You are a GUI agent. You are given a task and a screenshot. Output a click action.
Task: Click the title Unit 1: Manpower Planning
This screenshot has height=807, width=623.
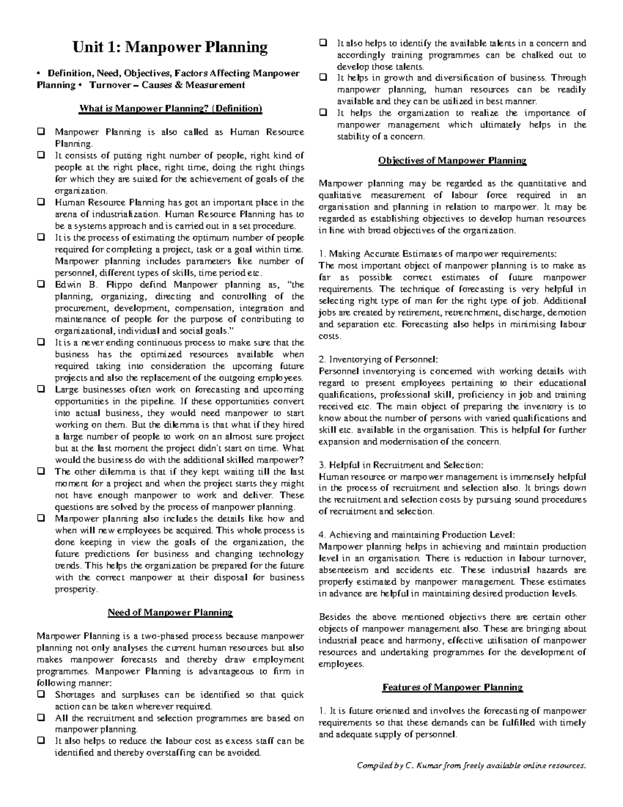click(x=170, y=48)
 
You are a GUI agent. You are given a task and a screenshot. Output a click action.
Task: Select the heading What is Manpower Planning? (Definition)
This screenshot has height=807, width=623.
click(x=170, y=109)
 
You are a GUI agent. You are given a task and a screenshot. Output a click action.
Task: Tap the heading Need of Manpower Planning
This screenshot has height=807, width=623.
click(x=170, y=612)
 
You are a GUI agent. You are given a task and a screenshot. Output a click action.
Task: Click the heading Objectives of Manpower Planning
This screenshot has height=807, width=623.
click(x=452, y=161)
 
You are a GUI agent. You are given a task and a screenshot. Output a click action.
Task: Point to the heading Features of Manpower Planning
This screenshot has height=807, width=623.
click(x=452, y=687)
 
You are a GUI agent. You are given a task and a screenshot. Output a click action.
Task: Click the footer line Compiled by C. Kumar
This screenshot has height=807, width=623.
click(x=471, y=766)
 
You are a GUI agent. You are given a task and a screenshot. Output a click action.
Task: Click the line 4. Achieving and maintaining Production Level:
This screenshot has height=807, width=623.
click(x=417, y=535)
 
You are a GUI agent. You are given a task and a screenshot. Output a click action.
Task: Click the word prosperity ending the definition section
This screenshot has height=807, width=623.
click(x=76, y=589)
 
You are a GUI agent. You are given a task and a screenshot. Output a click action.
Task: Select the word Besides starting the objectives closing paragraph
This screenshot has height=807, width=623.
click(x=335, y=617)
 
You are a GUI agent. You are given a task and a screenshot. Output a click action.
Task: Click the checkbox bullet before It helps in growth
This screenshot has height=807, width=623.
click(x=323, y=78)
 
